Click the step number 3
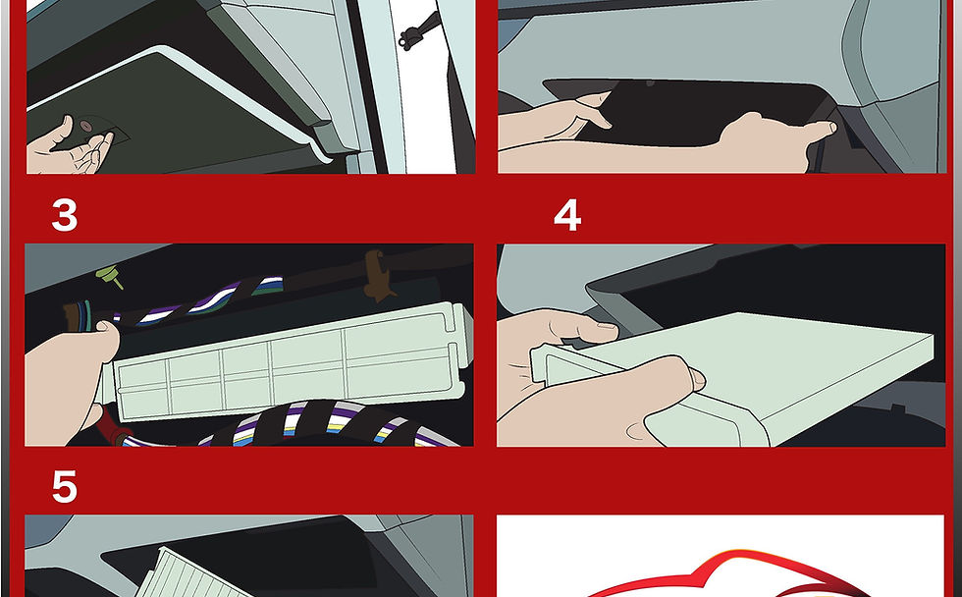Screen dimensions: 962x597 [x=65, y=215]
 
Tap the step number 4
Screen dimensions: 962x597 [x=567, y=215]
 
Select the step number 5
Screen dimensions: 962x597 [x=65, y=487]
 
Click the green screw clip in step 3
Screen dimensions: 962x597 [x=110, y=276]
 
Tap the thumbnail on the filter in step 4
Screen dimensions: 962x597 [x=697, y=379]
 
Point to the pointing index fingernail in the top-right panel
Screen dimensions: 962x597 [x=830, y=128]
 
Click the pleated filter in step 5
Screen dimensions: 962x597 [x=190, y=573]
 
